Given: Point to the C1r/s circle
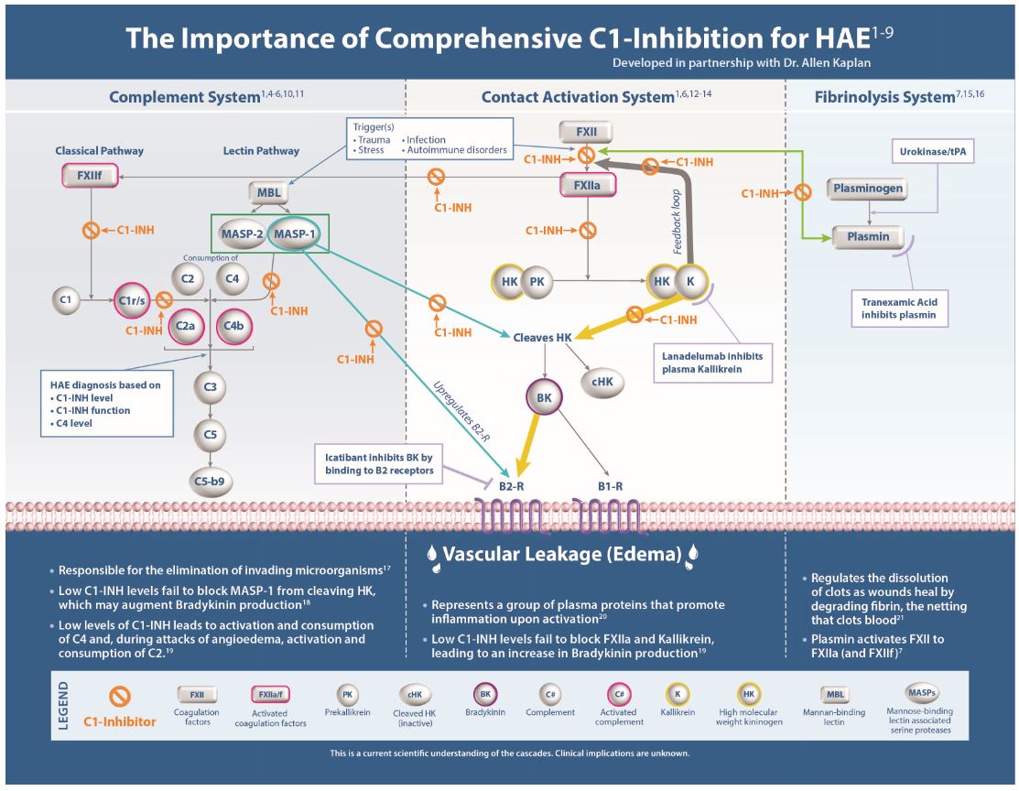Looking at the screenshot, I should (x=131, y=299).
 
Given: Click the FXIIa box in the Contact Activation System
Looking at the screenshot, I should (x=587, y=186).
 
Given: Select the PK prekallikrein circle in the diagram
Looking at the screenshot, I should (x=537, y=281).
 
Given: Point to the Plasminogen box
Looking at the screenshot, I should (x=869, y=190).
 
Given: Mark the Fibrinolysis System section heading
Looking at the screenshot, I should (x=885, y=96).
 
